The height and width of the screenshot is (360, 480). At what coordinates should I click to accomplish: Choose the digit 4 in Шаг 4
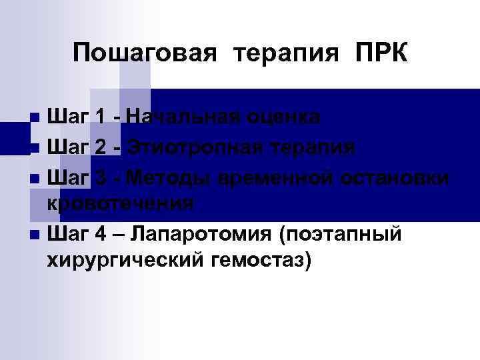pos(100,233)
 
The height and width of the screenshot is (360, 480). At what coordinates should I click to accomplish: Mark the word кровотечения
pos(121,203)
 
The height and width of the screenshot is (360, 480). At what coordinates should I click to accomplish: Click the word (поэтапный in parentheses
pos(339,233)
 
